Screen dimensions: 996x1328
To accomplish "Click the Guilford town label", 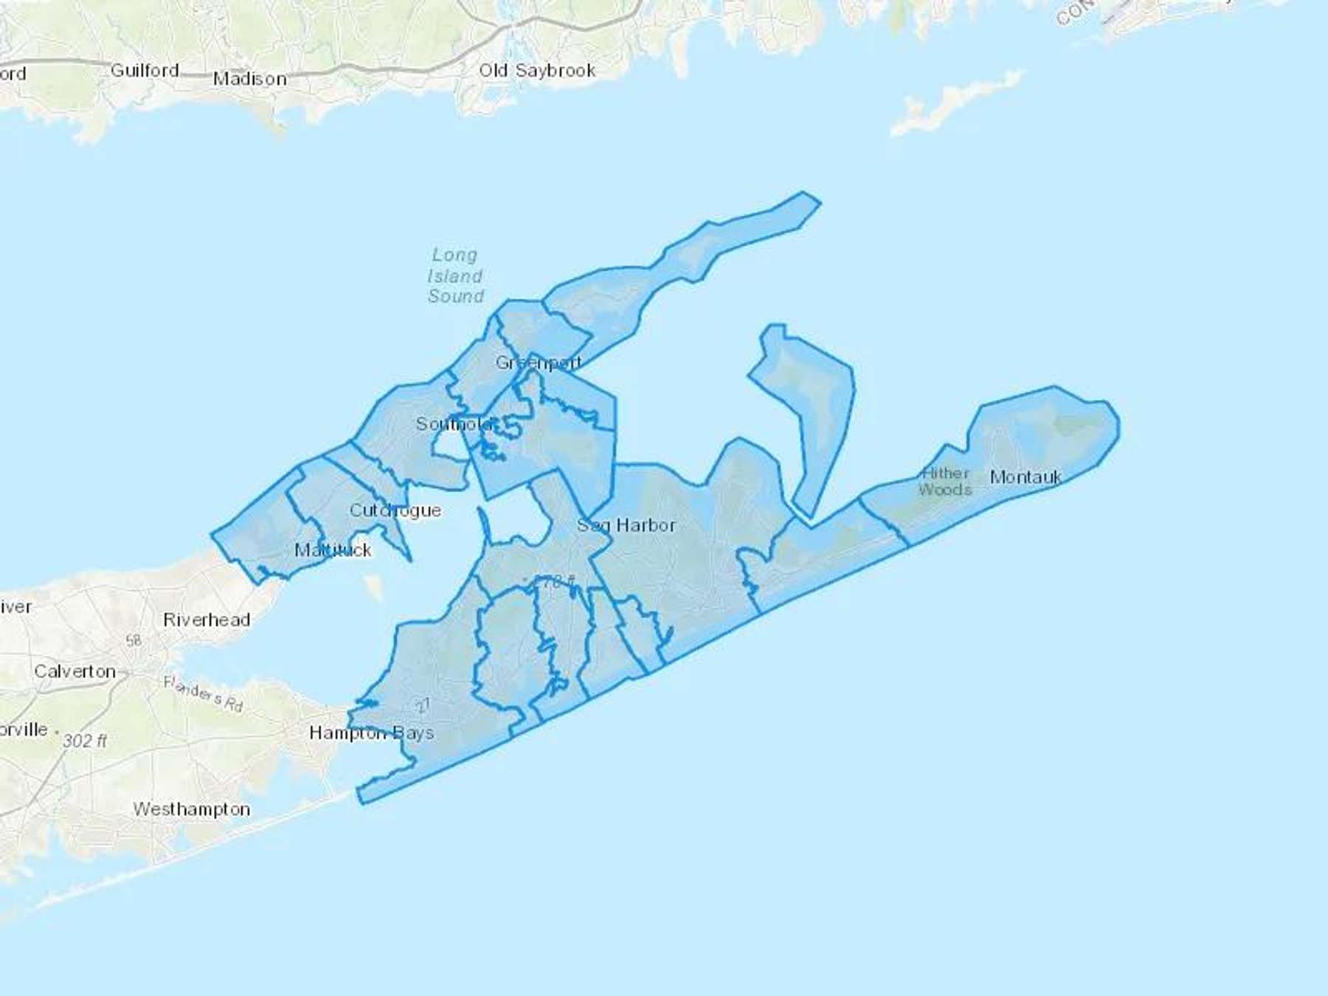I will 145,70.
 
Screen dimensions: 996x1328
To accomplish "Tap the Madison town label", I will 249,78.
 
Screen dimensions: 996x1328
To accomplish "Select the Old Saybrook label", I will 537,70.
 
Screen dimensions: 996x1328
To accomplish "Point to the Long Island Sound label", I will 455,275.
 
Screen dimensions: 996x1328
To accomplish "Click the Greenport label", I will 539,362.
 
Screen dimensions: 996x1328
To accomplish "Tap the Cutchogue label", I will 395,510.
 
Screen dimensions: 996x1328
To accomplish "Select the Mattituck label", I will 333,550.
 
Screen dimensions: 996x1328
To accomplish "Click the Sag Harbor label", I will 626,525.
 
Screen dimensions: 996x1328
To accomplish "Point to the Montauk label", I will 1026,477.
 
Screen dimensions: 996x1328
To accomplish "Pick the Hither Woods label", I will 945,481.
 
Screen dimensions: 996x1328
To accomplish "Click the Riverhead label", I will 207,620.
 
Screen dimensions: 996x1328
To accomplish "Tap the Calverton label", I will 75,671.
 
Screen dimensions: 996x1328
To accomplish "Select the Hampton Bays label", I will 371,733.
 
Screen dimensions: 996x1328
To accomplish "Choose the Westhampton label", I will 192,809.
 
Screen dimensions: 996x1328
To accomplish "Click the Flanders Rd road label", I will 204,694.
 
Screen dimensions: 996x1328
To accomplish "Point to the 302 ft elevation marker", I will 85,740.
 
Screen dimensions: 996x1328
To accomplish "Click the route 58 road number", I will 134,640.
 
